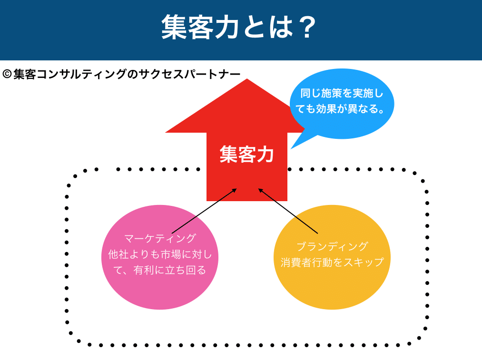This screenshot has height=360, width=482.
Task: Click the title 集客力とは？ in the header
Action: point(239,27)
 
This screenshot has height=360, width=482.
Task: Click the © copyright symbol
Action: point(7,74)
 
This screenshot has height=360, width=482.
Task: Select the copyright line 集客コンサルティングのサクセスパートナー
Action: point(127,74)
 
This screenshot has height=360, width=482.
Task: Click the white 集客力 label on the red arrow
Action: point(246,154)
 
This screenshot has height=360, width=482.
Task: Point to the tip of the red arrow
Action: point(247,79)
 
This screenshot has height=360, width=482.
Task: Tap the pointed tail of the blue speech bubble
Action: point(291,149)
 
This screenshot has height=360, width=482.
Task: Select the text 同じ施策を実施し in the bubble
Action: point(342,93)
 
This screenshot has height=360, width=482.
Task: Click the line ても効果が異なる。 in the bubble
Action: point(340,109)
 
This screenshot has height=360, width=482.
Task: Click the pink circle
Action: point(160,257)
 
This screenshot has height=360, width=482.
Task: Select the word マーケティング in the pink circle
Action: point(160,238)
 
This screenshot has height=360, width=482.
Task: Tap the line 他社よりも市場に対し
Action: point(160,254)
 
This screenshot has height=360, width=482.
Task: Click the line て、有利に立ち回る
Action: point(160,270)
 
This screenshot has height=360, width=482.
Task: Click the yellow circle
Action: point(332,257)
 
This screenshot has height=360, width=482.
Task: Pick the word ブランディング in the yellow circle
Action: point(332,246)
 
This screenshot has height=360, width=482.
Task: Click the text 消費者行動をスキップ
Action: point(332,263)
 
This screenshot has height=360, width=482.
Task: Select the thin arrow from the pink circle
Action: point(204,211)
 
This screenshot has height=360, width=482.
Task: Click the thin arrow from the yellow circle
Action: point(288,211)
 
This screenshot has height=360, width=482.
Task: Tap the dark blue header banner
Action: point(241,30)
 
